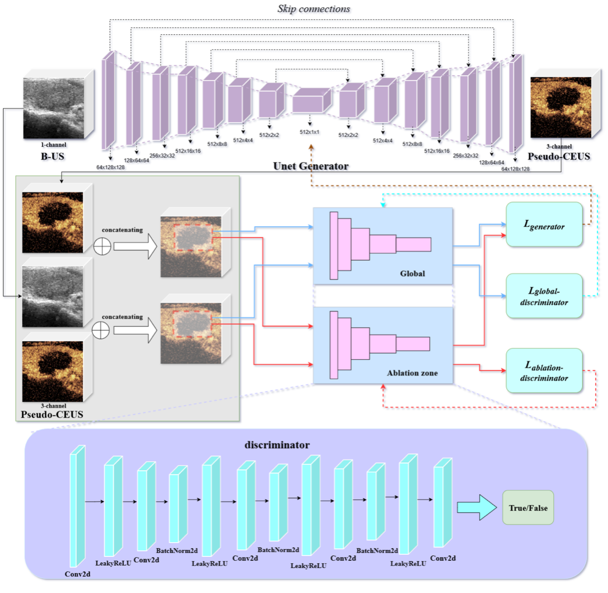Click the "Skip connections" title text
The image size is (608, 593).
click(x=313, y=9)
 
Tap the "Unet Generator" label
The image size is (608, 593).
click(x=310, y=166)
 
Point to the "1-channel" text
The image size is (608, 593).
click(x=53, y=145)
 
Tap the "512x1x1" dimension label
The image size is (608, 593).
click(x=309, y=132)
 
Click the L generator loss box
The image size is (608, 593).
click(x=544, y=225)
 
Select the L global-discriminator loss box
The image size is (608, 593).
click(x=544, y=296)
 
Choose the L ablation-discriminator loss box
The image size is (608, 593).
click(x=544, y=371)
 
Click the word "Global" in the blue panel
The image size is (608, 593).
click(x=412, y=274)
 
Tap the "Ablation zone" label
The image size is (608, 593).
click(x=412, y=373)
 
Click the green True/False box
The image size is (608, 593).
click(x=528, y=508)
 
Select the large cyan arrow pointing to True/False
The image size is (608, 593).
click(x=476, y=507)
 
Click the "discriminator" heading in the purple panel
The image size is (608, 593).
click(x=277, y=445)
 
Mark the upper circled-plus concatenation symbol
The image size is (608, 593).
click(x=102, y=246)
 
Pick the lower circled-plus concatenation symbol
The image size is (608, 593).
click(x=101, y=331)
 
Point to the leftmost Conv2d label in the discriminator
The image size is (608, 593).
click(x=77, y=574)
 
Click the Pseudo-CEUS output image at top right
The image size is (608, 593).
click(x=561, y=107)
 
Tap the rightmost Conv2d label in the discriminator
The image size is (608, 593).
click(x=443, y=558)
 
